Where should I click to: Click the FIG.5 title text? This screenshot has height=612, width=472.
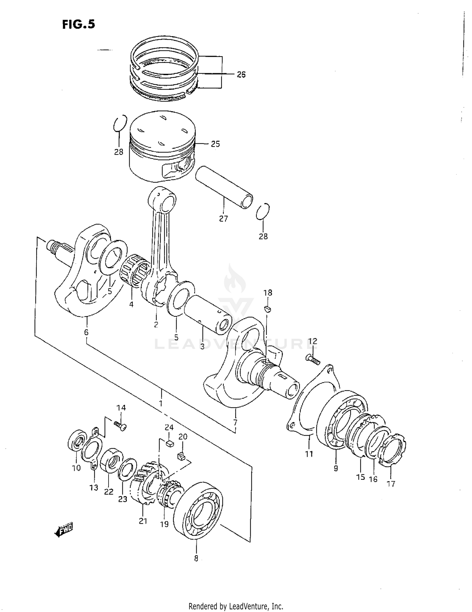click(x=78, y=24)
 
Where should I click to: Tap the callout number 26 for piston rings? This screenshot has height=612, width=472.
click(x=241, y=74)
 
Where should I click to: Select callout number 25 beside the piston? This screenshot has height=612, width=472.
click(x=215, y=144)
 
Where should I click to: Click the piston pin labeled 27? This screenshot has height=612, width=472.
click(x=224, y=188)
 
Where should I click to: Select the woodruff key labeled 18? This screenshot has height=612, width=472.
click(x=267, y=309)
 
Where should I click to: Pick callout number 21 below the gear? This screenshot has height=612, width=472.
click(x=143, y=521)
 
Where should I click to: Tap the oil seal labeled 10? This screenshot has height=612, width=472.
click(x=77, y=438)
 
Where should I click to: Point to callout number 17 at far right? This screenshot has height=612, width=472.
click(x=391, y=484)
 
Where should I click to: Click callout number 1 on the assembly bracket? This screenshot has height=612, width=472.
click(x=161, y=403)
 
